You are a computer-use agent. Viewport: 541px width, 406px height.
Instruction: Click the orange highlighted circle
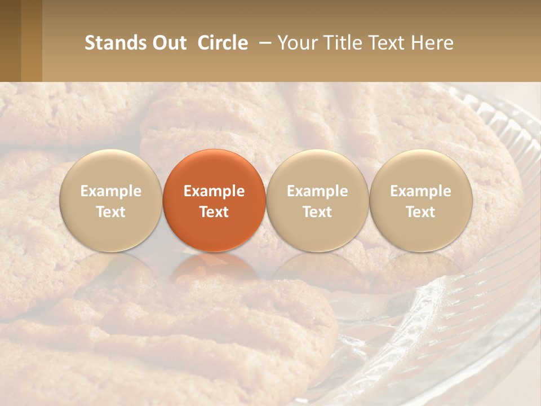[214, 200]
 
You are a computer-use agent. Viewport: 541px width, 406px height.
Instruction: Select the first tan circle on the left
[111, 200]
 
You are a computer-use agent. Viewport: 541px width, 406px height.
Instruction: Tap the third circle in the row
[317, 200]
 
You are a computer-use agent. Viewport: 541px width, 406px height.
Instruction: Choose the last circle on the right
[420, 200]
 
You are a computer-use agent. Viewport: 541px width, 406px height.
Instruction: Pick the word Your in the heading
[295, 43]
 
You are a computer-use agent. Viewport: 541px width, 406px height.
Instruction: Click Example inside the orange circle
[214, 191]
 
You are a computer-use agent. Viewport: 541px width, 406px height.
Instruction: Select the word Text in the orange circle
[214, 212]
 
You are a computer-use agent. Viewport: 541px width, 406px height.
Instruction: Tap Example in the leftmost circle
[111, 191]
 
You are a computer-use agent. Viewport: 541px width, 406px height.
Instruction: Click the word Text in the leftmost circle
[111, 212]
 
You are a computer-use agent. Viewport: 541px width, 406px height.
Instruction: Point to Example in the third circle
[317, 191]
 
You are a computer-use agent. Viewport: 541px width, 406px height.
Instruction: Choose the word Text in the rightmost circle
[420, 212]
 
